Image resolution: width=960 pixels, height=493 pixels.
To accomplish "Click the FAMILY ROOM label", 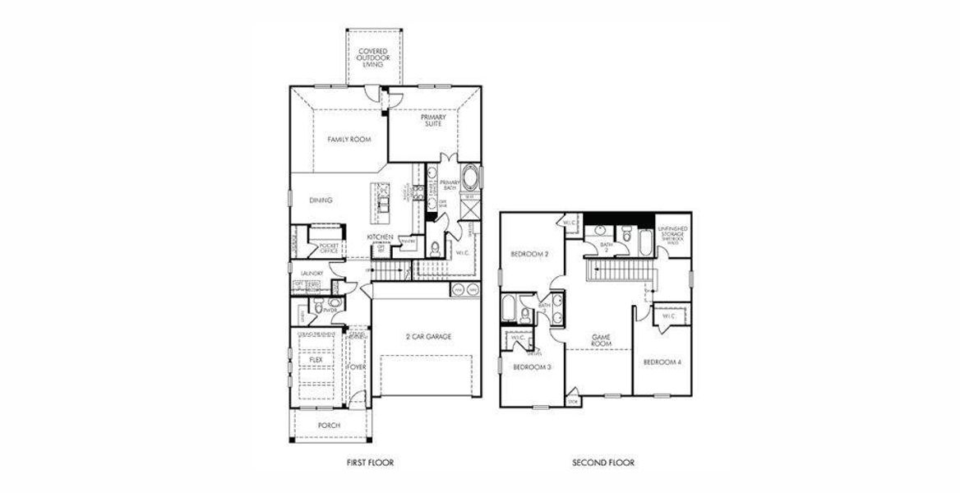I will pyautogui.click(x=349, y=140).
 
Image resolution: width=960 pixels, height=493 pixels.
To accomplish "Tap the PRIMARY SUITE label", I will pyautogui.click(x=433, y=122).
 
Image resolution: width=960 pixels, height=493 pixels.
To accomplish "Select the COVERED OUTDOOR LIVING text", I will pyautogui.click(x=373, y=58).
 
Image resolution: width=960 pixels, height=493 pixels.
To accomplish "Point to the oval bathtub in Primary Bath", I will pyautogui.click(x=471, y=177).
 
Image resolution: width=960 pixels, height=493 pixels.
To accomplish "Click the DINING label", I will pyautogui.click(x=321, y=200).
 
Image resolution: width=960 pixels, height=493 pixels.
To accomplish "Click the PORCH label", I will pyautogui.click(x=328, y=425).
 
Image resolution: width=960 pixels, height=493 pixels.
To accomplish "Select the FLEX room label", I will pyautogui.click(x=315, y=360).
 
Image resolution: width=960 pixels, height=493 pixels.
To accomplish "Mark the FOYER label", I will pyautogui.click(x=356, y=366).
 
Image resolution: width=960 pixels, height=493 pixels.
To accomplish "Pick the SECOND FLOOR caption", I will pyautogui.click(x=602, y=463).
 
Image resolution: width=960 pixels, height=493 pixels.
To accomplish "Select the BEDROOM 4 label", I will pyautogui.click(x=662, y=362).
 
